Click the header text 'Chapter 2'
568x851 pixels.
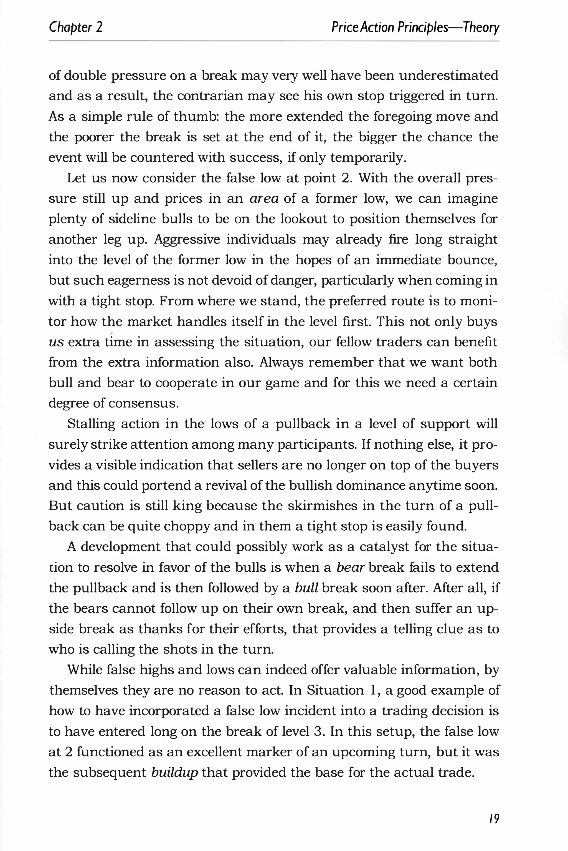tap(76, 27)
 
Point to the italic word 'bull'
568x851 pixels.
tap(306, 588)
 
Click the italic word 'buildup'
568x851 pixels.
tap(175, 772)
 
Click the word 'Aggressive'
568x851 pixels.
tap(187, 240)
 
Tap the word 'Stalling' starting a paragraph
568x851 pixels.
tap(91, 424)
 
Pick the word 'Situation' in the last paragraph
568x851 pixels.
tap(335, 690)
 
